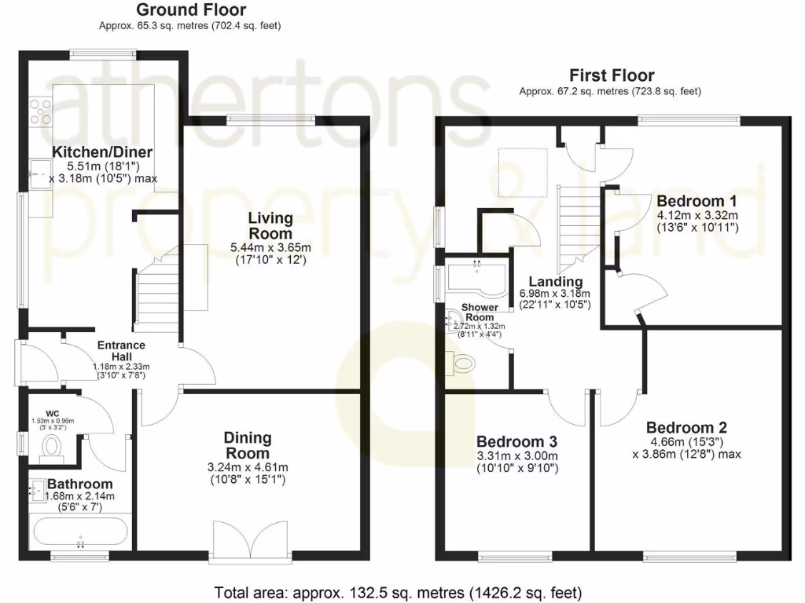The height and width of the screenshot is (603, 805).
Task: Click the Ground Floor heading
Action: click(190, 10)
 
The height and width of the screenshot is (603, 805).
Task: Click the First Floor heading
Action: click(611, 76)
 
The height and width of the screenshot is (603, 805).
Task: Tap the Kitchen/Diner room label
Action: click(102, 152)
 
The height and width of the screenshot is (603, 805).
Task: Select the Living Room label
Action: click(270, 225)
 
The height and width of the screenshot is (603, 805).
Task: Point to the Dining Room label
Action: click(248, 445)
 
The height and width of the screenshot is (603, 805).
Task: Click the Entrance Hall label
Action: click(121, 350)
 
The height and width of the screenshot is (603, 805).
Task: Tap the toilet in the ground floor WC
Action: click(53, 447)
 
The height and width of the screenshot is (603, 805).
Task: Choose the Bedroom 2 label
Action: click(686, 428)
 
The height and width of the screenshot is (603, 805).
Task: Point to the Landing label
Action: click(555, 282)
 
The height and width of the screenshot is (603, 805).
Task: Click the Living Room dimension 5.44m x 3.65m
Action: click(270, 247)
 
